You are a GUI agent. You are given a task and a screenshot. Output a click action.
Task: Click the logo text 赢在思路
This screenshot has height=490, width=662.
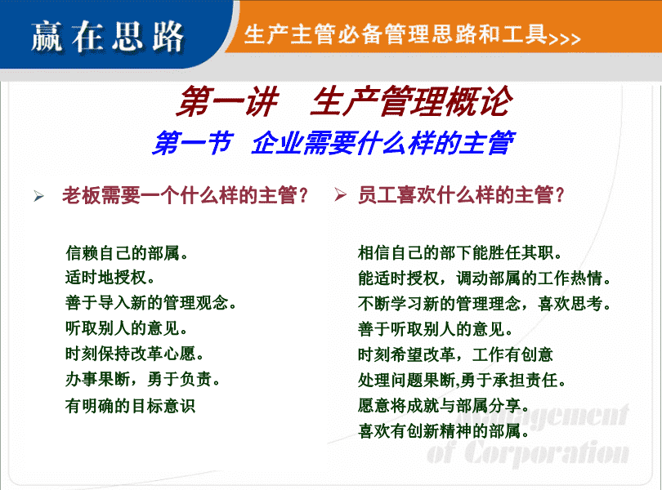click(x=107, y=37)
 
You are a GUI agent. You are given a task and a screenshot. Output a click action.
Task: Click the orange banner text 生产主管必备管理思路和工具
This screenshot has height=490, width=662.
click(x=396, y=34)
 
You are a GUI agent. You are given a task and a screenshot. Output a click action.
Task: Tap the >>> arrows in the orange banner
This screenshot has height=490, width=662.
click(x=565, y=39)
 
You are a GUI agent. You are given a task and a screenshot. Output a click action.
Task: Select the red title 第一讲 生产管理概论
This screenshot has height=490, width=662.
click(x=344, y=101)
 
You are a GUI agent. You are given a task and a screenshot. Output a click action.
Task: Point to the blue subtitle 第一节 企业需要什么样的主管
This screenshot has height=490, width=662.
click(x=333, y=143)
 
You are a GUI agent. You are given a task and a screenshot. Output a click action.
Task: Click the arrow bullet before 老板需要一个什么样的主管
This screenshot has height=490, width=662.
click(x=39, y=196)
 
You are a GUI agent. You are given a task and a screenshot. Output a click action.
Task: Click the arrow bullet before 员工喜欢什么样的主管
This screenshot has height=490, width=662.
click(x=340, y=195)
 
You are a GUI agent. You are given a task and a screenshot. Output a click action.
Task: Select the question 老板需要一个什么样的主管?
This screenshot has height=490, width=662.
click(x=185, y=195)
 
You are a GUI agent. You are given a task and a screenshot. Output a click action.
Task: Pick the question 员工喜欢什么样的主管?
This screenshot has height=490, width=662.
click(x=461, y=195)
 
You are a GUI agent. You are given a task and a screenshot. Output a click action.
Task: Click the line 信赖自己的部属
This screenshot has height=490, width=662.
click(x=127, y=253)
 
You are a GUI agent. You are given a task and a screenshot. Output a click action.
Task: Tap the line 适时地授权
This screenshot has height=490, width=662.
click(x=110, y=278)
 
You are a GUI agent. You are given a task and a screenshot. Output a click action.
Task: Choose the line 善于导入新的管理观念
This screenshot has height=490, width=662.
click(x=150, y=303)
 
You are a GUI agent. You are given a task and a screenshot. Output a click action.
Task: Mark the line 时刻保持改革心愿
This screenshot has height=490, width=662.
click(x=135, y=354)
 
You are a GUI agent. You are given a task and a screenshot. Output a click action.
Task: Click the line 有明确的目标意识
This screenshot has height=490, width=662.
click(x=131, y=406)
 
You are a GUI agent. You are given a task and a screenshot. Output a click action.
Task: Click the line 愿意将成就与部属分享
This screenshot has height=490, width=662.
click(x=444, y=406)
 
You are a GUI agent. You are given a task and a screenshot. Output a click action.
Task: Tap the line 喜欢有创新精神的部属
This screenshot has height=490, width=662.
click(x=444, y=431)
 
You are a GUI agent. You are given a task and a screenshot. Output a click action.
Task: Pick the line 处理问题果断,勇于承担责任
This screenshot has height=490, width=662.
click(x=462, y=381)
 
